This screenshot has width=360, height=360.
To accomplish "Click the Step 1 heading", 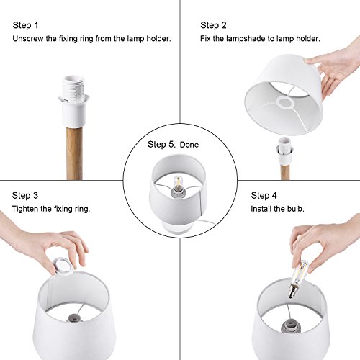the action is [x=25, y=25].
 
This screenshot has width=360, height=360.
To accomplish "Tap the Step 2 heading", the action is [x=213, y=25].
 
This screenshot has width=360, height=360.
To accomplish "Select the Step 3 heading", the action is [x=25, y=195].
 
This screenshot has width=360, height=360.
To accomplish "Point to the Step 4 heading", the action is [x=264, y=195].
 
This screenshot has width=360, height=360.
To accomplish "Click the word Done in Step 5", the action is [x=189, y=145].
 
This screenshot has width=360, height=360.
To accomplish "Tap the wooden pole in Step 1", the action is [x=74, y=153].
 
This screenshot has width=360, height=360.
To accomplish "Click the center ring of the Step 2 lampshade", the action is [x=285, y=103].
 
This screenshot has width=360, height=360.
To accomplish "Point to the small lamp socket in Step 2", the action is [x=284, y=151].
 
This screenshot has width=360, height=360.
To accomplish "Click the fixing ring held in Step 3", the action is [x=63, y=266].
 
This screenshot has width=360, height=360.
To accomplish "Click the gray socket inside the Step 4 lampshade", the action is [x=291, y=326].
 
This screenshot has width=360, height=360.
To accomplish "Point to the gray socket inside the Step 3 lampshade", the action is [x=74, y=318].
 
